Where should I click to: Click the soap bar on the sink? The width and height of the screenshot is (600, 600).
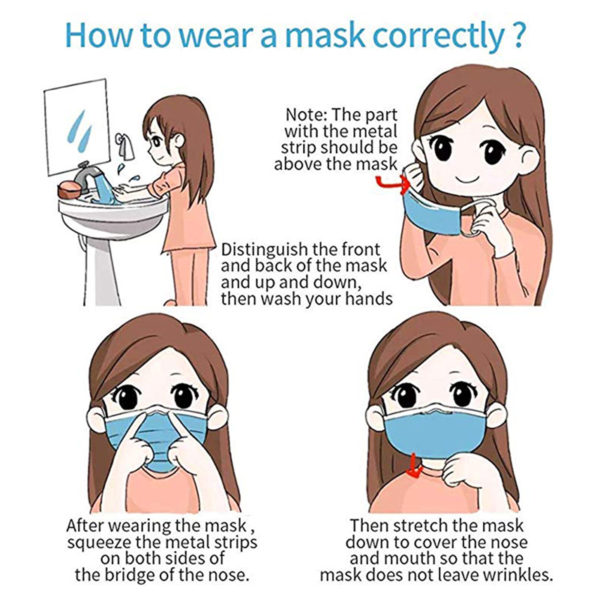tap(70, 190)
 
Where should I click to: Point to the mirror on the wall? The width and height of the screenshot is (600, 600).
tap(77, 127)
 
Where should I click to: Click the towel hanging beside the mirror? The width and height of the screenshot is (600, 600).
tap(124, 145)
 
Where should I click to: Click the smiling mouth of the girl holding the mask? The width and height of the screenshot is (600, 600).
tap(468, 178)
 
